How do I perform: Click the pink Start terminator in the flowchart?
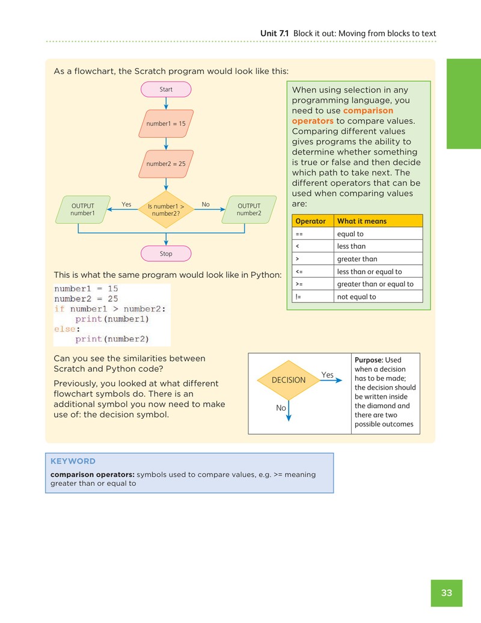[x=166, y=90]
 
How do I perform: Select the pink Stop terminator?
[x=166, y=254]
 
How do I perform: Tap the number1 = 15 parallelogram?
[x=166, y=123]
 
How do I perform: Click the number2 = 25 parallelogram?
[x=166, y=164]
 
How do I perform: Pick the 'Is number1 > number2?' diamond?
[x=166, y=209]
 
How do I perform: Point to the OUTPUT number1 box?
[x=82, y=209]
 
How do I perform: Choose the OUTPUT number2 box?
[x=249, y=209]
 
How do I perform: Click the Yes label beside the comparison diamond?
[x=126, y=204]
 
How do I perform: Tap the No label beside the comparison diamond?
[x=206, y=204]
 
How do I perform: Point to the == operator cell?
[x=313, y=233]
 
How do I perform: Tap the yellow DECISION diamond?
[x=289, y=380]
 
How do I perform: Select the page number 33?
[x=447, y=593]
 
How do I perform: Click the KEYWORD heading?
[x=73, y=461]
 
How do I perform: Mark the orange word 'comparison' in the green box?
[x=368, y=111]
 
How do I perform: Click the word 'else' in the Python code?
[x=65, y=329]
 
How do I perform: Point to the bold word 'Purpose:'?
[x=369, y=360]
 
